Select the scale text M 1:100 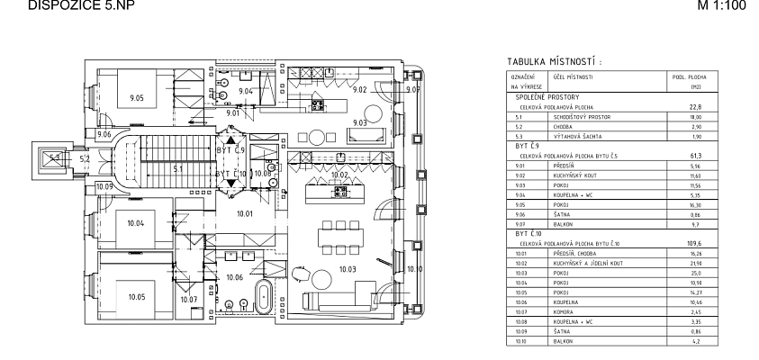pos(725,6)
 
